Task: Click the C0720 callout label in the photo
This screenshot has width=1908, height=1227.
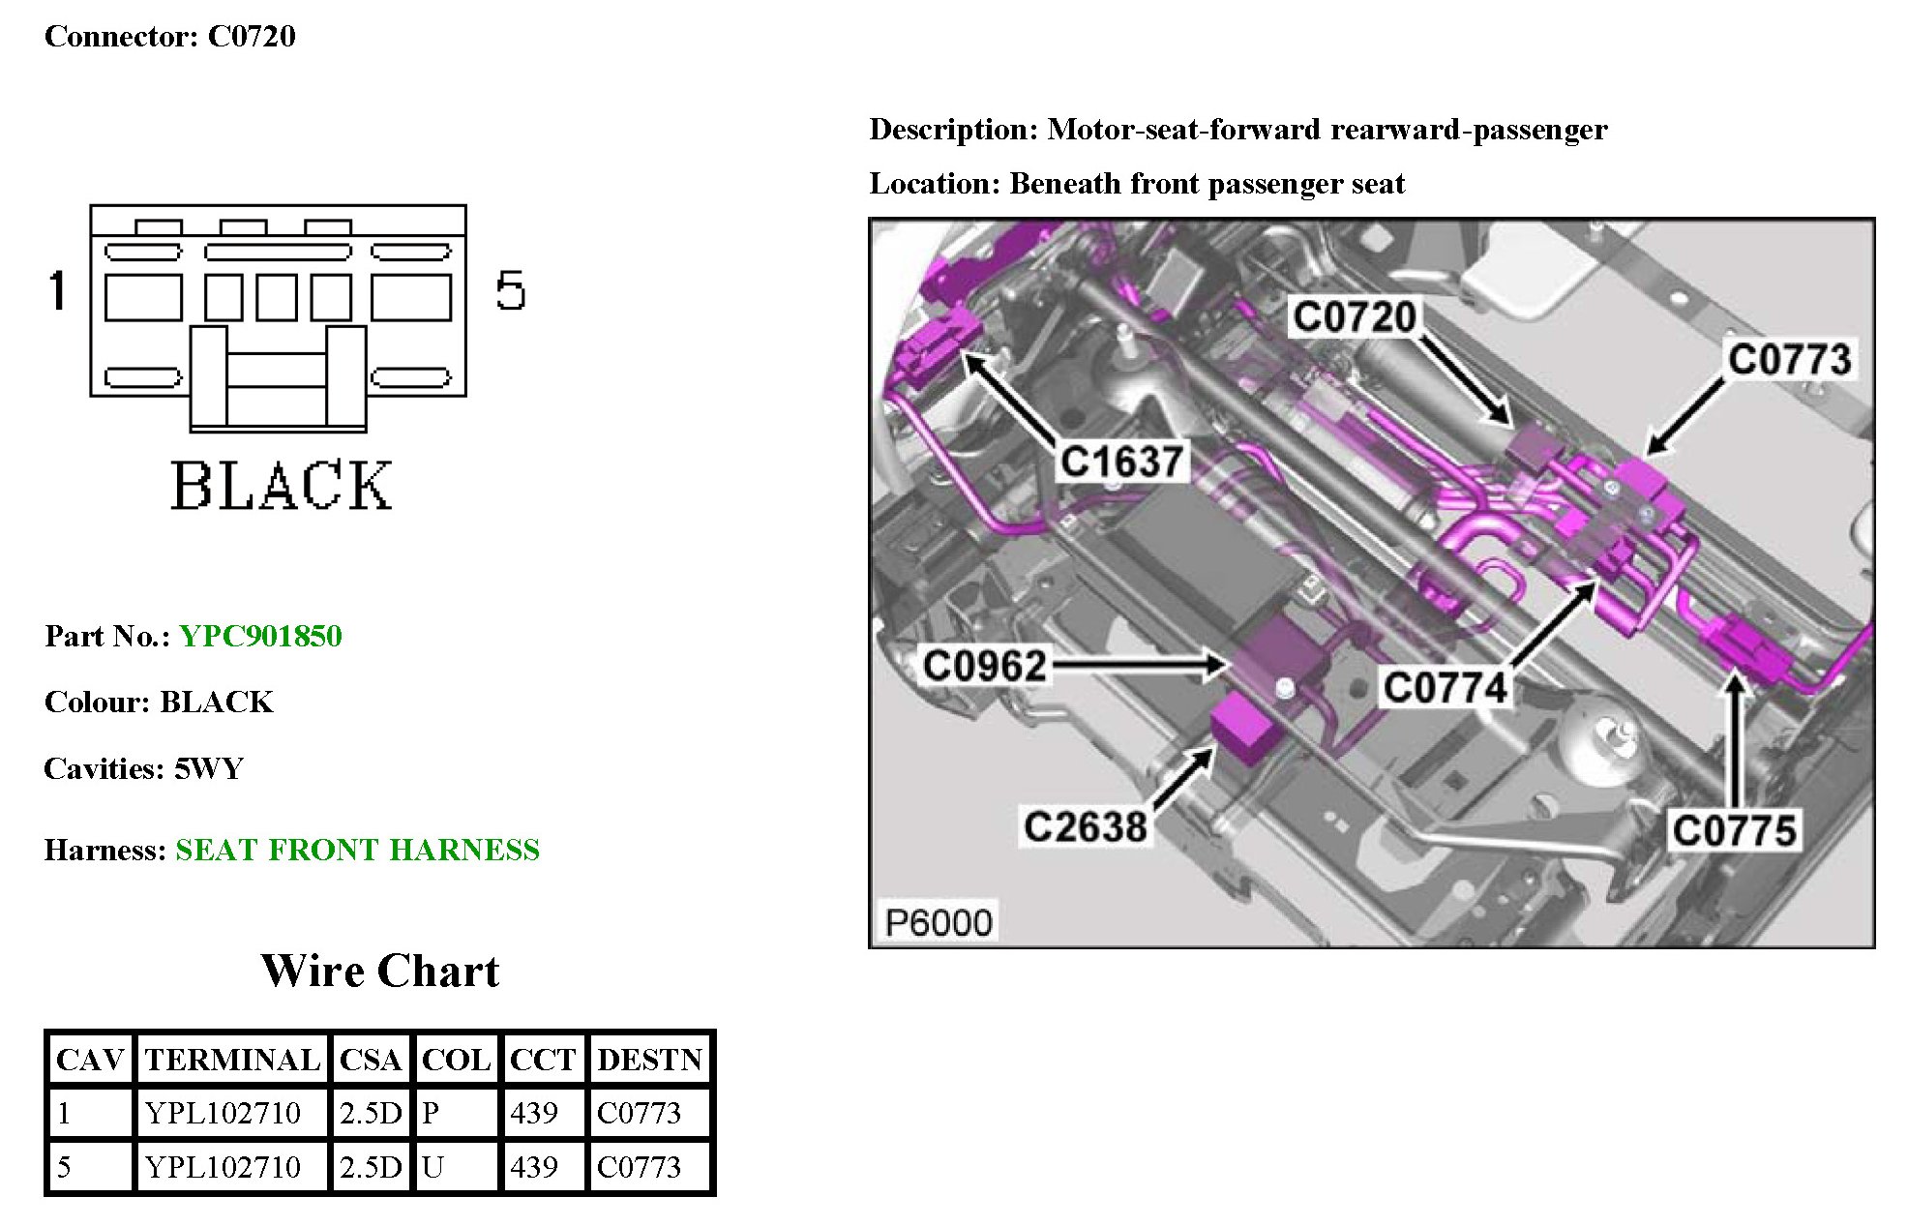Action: pos(1354,317)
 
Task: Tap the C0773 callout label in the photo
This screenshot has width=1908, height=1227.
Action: pos(1789,360)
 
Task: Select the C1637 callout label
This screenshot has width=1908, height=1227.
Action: pos(1121,462)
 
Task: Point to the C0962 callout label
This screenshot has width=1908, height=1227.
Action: pos(984,666)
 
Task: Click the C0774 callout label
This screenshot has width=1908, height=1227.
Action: pos(1445,688)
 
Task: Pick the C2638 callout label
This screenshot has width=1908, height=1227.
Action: pos(1085,827)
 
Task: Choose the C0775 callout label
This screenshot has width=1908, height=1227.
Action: pos(1734,831)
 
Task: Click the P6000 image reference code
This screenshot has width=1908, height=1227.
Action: pos(938,923)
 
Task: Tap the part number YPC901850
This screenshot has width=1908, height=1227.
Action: pos(260,636)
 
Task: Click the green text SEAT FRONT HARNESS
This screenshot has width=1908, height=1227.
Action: pos(357,850)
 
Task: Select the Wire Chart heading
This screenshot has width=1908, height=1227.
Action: pos(380,971)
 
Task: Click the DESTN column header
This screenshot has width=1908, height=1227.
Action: pos(649,1060)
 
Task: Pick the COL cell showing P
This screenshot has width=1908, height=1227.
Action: pos(431,1113)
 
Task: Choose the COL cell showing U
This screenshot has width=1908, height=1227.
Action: pos(432,1167)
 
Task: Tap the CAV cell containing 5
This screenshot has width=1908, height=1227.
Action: pos(64,1167)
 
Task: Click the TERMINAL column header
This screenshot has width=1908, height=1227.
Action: pos(232,1060)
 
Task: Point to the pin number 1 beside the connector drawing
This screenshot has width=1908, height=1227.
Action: pos(58,290)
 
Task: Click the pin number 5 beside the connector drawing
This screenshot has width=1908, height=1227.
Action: pos(510,290)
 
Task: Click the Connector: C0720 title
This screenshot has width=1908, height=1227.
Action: pos(170,37)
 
